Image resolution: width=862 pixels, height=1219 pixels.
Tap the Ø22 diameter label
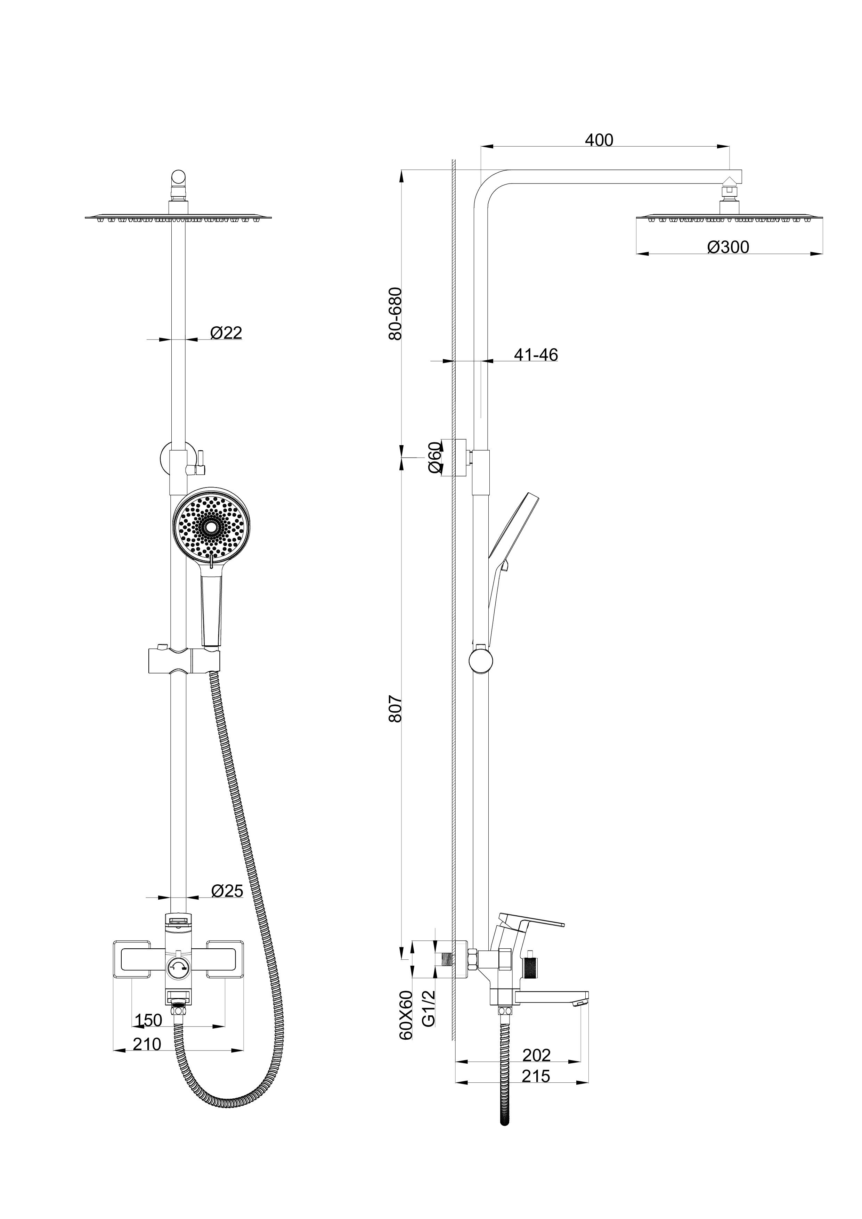pos(226,333)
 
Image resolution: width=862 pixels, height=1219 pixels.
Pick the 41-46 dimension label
pos(536,355)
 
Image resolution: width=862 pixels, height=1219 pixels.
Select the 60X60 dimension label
pos(406,1015)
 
